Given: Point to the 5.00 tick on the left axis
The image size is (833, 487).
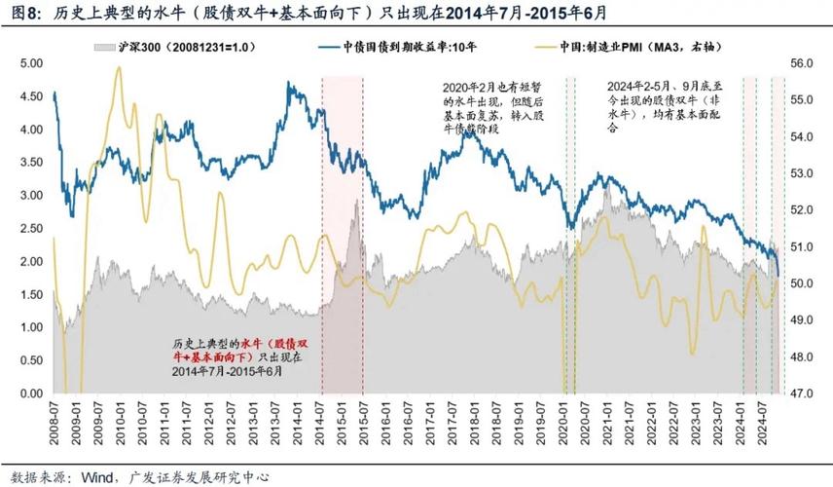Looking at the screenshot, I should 33,62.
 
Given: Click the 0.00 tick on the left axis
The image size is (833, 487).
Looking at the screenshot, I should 33,393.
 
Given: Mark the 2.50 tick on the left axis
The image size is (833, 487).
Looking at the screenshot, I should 33,228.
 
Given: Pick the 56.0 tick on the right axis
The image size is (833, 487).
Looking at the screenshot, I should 803,62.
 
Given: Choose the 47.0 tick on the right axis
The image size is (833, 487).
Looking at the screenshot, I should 803,393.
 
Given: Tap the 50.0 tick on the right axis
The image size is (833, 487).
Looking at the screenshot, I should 803,283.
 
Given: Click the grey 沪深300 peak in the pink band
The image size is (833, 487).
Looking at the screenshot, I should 356,201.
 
